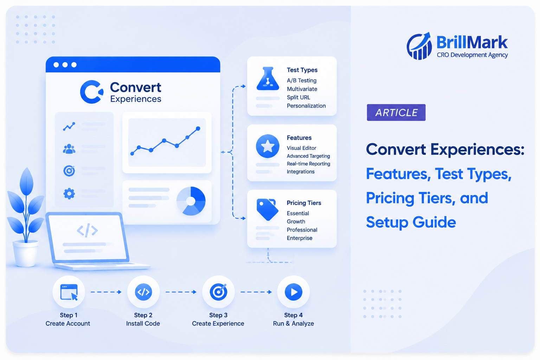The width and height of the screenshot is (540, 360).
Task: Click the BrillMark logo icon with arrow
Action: point(419,46)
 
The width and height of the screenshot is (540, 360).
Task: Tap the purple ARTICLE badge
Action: point(396,112)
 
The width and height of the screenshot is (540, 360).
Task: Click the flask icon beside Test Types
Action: point(268,79)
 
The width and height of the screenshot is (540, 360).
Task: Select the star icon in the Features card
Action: point(268,146)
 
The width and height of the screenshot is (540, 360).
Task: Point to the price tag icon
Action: point(268,209)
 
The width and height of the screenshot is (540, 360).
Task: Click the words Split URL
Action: point(298,97)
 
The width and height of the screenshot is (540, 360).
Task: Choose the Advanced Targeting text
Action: point(308,156)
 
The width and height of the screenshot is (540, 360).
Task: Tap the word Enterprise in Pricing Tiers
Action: point(300,238)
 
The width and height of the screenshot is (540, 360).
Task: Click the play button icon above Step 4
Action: point(294,292)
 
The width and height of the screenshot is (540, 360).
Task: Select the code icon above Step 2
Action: point(143,292)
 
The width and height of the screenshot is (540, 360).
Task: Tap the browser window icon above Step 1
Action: point(69,292)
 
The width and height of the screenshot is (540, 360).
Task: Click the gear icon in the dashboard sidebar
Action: point(69,194)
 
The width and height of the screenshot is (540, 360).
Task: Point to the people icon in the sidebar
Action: point(69,149)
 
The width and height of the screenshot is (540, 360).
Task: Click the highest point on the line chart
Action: point(198,129)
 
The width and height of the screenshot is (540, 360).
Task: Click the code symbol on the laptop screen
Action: point(87,230)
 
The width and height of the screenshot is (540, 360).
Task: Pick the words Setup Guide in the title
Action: point(411,223)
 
